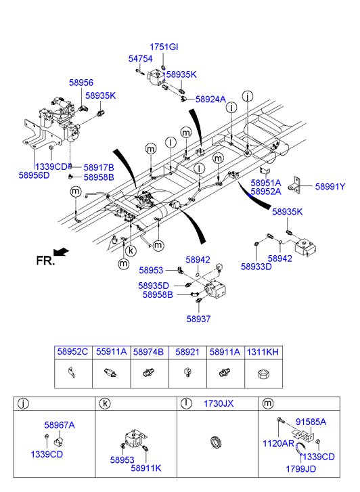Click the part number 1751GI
pos(164,47)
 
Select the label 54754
pos(140,59)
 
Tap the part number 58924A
pos(210,99)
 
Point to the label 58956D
pos(35,175)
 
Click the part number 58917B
pos(99,168)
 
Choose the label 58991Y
pos(330,187)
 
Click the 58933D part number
pos(256,267)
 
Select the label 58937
pos(198,319)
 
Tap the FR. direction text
pos(45,261)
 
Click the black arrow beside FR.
pos(61,252)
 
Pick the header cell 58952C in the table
pos(72,352)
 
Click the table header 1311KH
pos(263,352)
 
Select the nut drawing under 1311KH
pos(263,374)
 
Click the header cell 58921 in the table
pos(187,352)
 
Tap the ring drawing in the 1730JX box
pos(216,443)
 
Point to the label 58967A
pos(60,425)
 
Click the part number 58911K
pos(146,468)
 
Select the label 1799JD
pos(300,469)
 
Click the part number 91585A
pos(311,422)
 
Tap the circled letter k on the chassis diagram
pos(131,250)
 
